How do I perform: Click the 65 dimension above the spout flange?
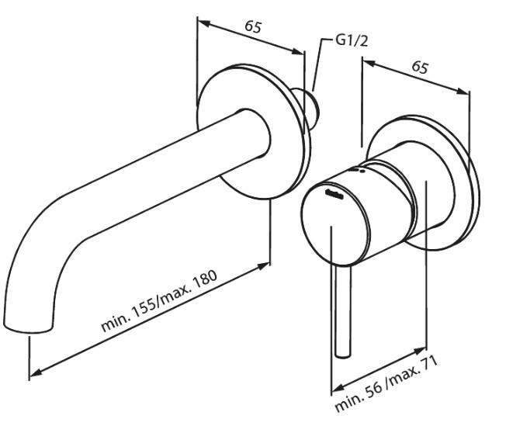pyautogui.click(x=253, y=26)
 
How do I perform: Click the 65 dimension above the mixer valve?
pyautogui.click(x=420, y=68)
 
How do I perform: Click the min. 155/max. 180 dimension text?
pyautogui.click(x=160, y=302)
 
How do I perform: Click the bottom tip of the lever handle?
pyautogui.click(x=342, y=355)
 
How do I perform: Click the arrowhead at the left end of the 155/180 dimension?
pyautogui.click(x=32, y=376)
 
